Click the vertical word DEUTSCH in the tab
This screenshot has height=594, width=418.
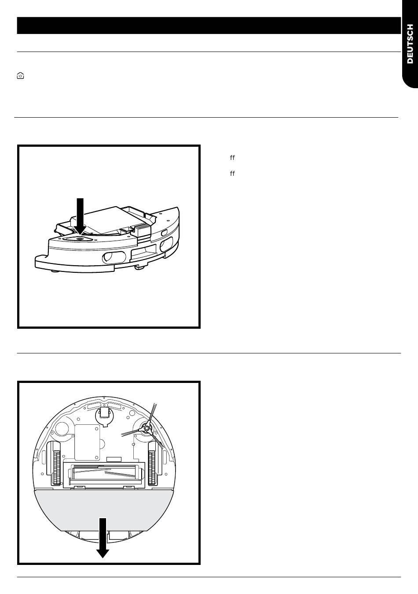tap(410, 44)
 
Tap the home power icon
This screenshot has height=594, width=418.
tap(20, 76)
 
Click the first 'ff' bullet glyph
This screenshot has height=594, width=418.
tap(232, 158)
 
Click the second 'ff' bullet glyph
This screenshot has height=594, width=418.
tap(232, 174)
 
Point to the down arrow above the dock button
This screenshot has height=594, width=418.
tap(80, 216)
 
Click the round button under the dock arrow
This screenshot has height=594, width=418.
tap(79, 239)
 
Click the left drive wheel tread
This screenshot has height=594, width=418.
tap(57, 463)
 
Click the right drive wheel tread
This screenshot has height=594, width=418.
tap(152, 463)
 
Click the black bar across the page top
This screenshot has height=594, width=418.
tap(209, 26)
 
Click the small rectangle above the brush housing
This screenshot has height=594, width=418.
tap(114, 459)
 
